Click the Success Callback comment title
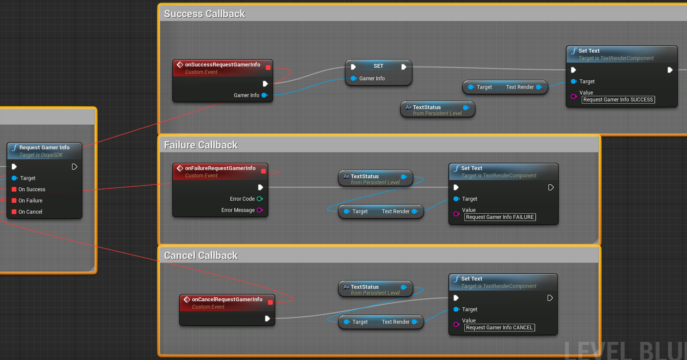click(x=205, y=14)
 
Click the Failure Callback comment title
click(x=201, y=145)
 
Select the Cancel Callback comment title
click(x=201, y=256)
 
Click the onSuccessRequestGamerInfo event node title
click(x=222, y=65)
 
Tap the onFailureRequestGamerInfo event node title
click(x=220, y=168)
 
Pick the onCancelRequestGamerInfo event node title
click(x=227, y=300)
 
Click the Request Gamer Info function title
click(x=44, y=148)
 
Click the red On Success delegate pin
click(x=14, y=189)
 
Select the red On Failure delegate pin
click(x=14, y=201)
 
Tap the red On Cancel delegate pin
click(x=14, y=212)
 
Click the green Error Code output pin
click(x=260, y=199)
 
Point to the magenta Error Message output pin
click(x=260, y=210)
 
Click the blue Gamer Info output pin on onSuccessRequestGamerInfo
click(x=265, y=95)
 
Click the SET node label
click(x=378, y=66)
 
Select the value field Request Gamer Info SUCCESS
click(x=618, y=100)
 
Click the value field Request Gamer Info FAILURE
click(x=500, y=217)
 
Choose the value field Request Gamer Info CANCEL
click(x=499, y=328)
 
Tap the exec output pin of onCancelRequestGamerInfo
click(x=268, y=319)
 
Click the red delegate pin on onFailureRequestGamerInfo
click(x=263, y=171)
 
